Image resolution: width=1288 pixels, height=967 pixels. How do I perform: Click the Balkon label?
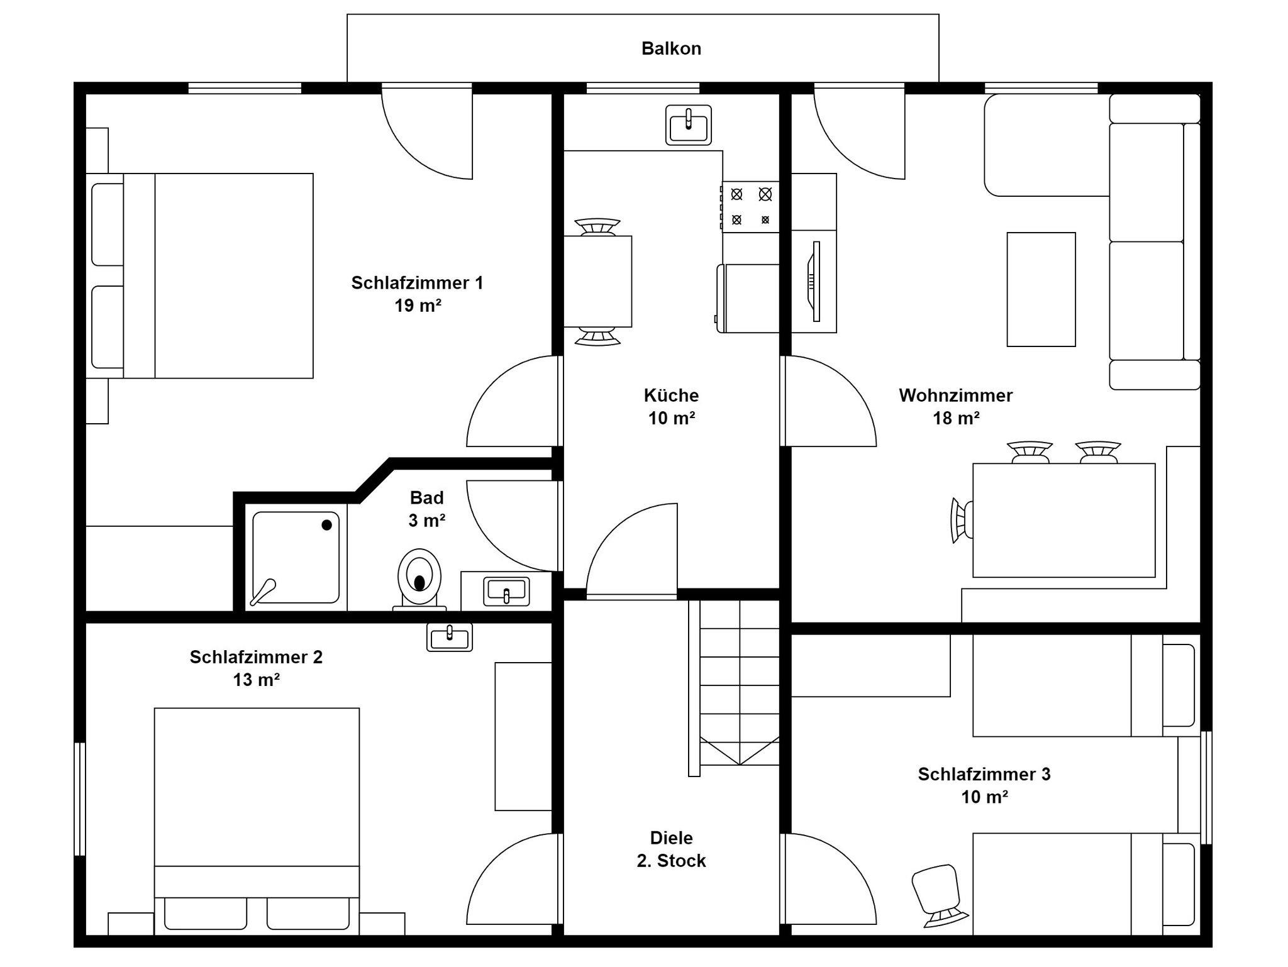(671, 48)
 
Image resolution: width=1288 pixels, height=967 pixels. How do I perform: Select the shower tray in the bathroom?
(295, 558)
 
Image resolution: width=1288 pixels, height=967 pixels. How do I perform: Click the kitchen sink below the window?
(689, 124)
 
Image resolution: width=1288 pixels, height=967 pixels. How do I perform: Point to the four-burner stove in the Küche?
(750, 207)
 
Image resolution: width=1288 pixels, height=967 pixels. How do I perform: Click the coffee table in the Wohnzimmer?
(1041, 289)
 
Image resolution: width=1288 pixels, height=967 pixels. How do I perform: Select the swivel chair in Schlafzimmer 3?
(938, 895)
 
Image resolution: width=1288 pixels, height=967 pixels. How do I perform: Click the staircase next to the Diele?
(734, 688)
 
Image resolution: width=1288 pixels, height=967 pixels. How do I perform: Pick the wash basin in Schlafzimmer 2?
(450, 636)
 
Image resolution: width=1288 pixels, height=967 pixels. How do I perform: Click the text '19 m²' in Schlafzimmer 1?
(418, 306)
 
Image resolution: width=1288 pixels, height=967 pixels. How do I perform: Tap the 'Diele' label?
(671, 837)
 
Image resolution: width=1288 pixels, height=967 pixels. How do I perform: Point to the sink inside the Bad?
(506, 591)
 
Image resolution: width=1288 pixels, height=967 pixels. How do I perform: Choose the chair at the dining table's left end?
(962, 520)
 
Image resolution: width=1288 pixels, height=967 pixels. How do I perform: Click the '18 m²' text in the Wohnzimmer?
(956, 418)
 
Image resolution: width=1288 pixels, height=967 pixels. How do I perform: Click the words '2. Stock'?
(671, 861)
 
